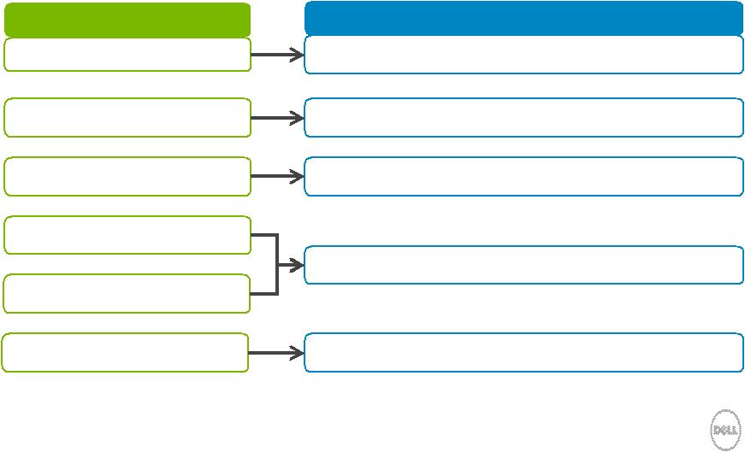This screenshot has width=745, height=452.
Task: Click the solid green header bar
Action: click(x=127, y=20)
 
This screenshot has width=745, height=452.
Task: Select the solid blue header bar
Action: click(x=523, y=18)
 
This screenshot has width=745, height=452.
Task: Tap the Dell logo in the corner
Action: click(x=725, y=430)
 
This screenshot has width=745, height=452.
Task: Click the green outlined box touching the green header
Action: click(x=127, y=55)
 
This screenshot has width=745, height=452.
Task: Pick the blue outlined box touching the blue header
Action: click(x=523, y=55)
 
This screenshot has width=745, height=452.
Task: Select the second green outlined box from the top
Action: click(x=127, y=117)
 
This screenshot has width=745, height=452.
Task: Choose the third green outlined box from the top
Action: click(x=127, y=176)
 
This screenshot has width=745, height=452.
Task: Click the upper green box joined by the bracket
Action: click(x=127, y=235)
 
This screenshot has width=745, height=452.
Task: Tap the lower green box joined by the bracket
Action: click(x=127, y=293)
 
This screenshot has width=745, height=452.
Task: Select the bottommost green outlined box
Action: click(x=125, y=352)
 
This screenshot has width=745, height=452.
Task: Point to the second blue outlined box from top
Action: click(x=523, y=117)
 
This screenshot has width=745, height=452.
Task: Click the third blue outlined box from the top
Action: click(x=523, y=176)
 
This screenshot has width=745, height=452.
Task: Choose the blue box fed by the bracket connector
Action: click(x=523, y=265)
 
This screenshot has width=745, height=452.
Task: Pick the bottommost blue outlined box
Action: click(x=523, y=352)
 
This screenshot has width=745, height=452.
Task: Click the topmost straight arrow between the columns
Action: click(x=277, y=55)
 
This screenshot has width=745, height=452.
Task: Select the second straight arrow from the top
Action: click(x=277, y=118)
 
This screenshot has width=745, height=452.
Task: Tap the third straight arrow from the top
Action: click(x=277, y=176)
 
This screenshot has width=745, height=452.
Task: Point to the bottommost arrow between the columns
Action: click(x=276, y=353)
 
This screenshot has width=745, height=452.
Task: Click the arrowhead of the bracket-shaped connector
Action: click(x=297, y=265)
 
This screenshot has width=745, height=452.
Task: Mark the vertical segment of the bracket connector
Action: click(x=277, y=265)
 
